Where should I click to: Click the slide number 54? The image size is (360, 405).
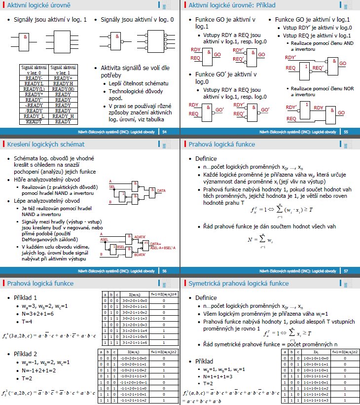pyautogui.click(x=165, y=133)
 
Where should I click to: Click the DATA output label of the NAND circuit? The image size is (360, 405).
pyautogui.click(x=161, y=190)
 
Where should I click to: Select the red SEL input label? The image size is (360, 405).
pyautogui.click(x=112, y=187)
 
